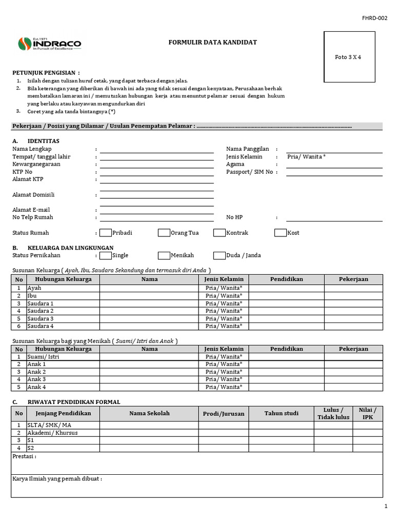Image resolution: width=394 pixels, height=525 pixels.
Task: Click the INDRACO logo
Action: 49,45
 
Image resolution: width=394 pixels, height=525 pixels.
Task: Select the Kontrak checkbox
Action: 220,233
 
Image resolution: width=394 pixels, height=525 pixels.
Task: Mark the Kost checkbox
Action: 280,233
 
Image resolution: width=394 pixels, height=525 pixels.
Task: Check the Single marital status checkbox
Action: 105,255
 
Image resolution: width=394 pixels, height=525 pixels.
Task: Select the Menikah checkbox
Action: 164,255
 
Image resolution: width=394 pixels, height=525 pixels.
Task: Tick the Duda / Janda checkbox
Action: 219,255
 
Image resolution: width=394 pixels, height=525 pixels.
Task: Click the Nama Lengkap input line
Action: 156,149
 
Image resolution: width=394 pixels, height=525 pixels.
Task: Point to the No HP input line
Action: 334,218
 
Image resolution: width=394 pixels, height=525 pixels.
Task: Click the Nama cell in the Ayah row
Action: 149,288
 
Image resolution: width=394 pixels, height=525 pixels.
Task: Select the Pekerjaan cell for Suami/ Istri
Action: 353,357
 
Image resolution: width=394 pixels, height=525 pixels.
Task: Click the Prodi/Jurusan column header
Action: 224,414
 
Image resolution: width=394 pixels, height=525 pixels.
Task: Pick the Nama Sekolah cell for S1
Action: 149,440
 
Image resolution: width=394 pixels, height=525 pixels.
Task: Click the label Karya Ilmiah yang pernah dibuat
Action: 57,479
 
